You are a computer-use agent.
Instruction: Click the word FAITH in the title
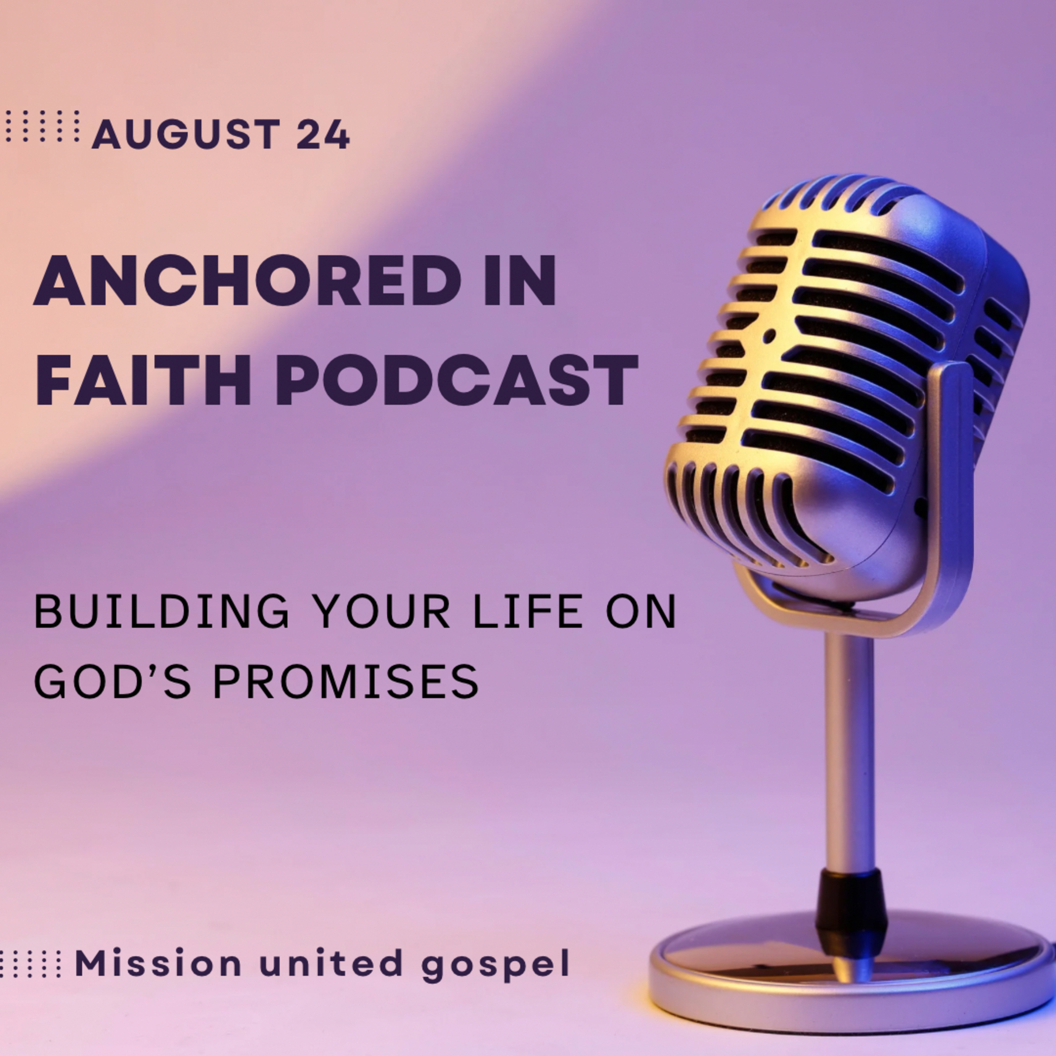[x=142, y=379]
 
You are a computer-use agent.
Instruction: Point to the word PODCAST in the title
[x=457, y=379]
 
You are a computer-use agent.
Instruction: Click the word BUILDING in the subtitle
[x=161, y=612]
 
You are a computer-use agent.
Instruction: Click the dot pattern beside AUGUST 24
[x=42, y=126]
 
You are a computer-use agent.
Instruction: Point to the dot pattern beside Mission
[x=30, y=963]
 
